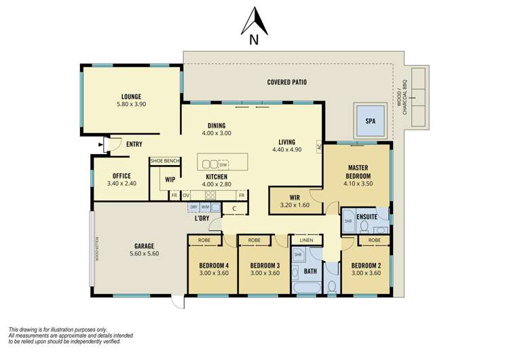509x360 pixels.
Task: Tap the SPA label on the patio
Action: click(370, 121)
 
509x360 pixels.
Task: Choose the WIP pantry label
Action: click(170, 180)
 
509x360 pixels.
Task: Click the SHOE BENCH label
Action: click(165, 160)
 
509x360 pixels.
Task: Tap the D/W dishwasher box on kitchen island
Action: click(223, 164)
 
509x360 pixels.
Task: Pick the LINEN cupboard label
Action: click(305, 240)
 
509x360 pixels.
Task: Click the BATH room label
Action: click(310, 271)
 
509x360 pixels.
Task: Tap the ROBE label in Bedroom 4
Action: click(204, 240)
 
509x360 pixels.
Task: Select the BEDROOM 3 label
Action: click(263, 265)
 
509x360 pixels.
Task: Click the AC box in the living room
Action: click(318, 146)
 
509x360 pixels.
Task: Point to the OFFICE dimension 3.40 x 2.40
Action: click(121, 183)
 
